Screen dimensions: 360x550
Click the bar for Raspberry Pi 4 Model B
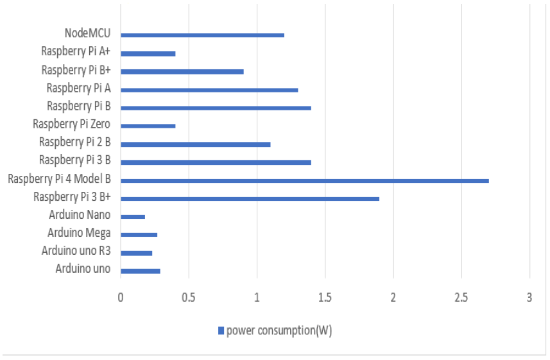[x=304, y=180]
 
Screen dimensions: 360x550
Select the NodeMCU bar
[x=202, y=35]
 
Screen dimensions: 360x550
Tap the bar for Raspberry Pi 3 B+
[x=250, y=198]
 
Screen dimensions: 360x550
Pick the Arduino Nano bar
[x=133, y=217]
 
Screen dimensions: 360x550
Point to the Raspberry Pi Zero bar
[x=148, y=126]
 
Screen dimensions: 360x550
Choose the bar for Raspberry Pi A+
[x=148, y=53]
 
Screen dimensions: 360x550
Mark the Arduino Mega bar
[x=139, y=235]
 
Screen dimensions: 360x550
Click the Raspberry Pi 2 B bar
[x=195, y=144]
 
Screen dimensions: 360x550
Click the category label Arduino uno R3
[x=76, y=250]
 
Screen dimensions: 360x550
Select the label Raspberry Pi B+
[x=75, y=70]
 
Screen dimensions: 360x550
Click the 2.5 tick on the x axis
[x=461, y=298]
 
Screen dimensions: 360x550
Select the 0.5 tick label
[x=188, y=298]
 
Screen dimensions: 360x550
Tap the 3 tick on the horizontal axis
[x=529, y=298]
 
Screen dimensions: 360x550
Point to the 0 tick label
[x=120, y=298]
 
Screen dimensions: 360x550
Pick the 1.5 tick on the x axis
[x=325, y=298]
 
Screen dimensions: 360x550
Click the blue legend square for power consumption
[x=221, y=330]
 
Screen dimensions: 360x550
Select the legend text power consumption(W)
[x=279, y=330]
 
